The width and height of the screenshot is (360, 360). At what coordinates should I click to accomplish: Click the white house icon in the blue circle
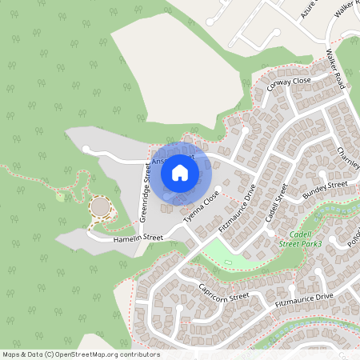coord(180,172)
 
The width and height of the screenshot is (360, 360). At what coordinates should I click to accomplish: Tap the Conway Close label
coord(289,83)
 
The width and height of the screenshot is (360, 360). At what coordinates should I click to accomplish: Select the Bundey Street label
coord(326,189)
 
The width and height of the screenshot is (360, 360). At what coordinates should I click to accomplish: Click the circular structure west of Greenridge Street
coord(101,207)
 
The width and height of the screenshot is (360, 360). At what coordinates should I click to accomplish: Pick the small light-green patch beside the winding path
coord(60,197)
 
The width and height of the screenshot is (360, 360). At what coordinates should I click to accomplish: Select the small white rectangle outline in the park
coord(228,262)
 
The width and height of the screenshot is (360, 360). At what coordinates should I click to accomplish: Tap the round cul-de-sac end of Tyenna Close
coord(218,188)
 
